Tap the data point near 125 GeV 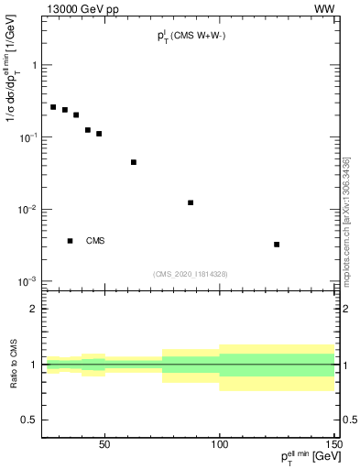277,245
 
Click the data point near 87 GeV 191,202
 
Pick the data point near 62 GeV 134,162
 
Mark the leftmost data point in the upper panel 53,107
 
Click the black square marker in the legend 71,241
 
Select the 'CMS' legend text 95,241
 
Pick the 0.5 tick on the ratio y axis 29,420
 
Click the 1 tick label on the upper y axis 34,65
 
